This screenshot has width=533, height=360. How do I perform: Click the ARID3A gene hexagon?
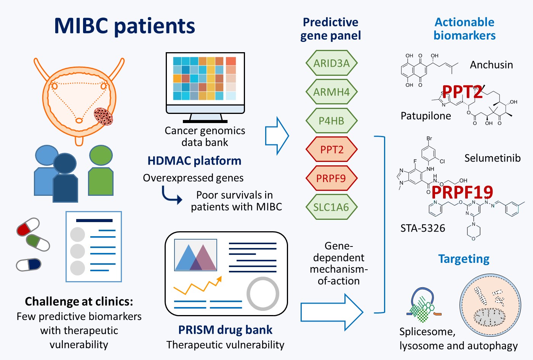(x=331, y=63)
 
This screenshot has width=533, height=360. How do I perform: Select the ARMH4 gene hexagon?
(x=331, y=92)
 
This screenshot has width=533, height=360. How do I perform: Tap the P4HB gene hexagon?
(x=331, y=121)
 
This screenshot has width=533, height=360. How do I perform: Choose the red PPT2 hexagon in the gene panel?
(x=331, y=149)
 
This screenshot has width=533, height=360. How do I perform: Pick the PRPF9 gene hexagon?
(x=331, y=178)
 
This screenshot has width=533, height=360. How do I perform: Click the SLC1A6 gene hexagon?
(x=331, y=207)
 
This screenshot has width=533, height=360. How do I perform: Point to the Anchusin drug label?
(x=491, y=65)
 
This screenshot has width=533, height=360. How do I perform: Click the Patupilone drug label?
(x=426, y=116)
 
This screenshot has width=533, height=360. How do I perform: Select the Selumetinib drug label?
(x=492, y=158)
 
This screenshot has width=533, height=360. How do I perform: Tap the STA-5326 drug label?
(x=423, y=228)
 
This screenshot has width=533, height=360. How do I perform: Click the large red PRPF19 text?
(x=462, y=192)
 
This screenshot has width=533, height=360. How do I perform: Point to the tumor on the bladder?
(x=103, y=117)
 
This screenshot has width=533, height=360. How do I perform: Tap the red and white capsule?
(x=28, y=227)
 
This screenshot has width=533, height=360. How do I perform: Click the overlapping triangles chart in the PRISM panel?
(x=196, y=255)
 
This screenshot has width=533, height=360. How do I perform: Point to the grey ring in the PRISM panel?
(x=263, y=294)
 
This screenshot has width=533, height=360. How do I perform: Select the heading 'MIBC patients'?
(x=125, y=26)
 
